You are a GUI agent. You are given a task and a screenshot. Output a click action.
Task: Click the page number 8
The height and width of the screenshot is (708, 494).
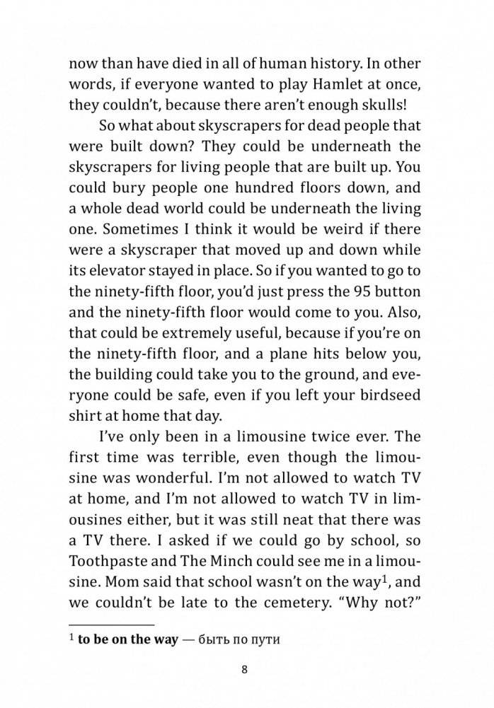(245, 669)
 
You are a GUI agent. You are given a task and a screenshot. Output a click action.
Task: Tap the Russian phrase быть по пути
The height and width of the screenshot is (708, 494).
(231, 641)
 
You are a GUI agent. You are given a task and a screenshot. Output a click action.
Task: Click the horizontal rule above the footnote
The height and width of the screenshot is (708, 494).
(111, 625)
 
